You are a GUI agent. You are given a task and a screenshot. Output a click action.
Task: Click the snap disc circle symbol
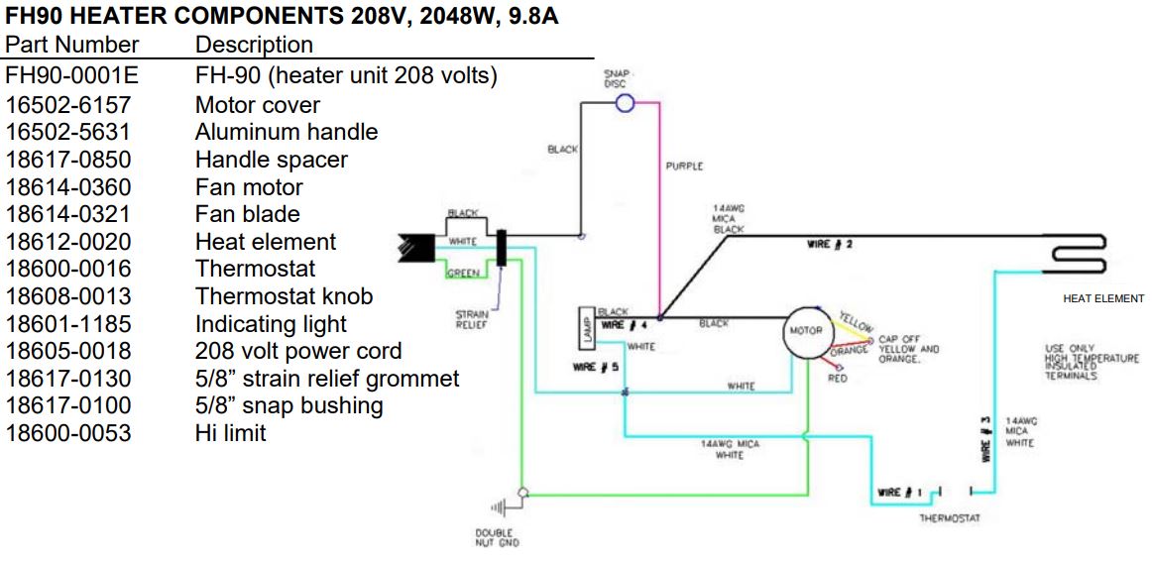pyautogui.click(x=625, y=102)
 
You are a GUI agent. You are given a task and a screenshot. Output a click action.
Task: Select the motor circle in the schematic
pyautogui.click(x=804, y=330)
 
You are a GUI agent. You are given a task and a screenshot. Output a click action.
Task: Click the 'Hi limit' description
pyautogui.click(x=230, y=433)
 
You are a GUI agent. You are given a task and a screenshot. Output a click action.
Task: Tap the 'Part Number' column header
pyautogui.click(x=71, y=45)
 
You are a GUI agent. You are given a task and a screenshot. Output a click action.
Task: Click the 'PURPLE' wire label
pyautogui.click(x=684, y=167)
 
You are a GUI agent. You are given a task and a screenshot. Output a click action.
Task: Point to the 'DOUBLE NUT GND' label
pyautogui.click(x=497, y=537)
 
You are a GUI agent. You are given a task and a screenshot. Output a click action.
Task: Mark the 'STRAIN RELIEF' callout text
pyautogui.click(x=471, y=318)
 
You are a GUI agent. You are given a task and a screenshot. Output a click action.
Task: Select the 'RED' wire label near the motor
pyautogui.click(x=837, y=379)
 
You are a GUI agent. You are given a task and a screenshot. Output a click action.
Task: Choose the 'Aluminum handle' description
pyautogui.click(x=286, y=132)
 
